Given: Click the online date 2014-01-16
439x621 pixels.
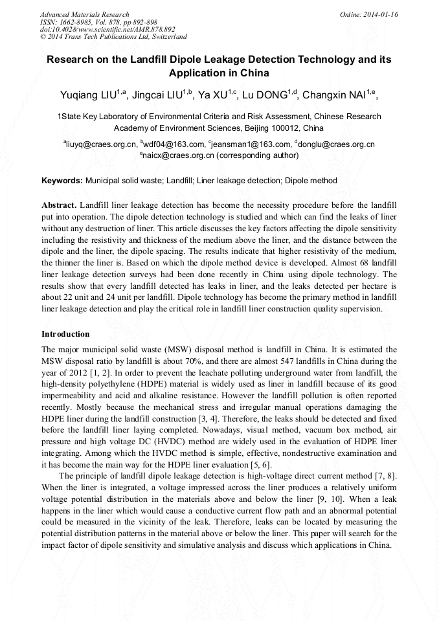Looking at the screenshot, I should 378,14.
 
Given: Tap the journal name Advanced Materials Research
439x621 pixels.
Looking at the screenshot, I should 84,14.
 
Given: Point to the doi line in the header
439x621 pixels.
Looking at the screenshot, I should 107,29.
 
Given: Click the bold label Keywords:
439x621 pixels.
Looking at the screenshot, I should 62,181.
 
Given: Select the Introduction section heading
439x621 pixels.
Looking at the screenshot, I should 65,334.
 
